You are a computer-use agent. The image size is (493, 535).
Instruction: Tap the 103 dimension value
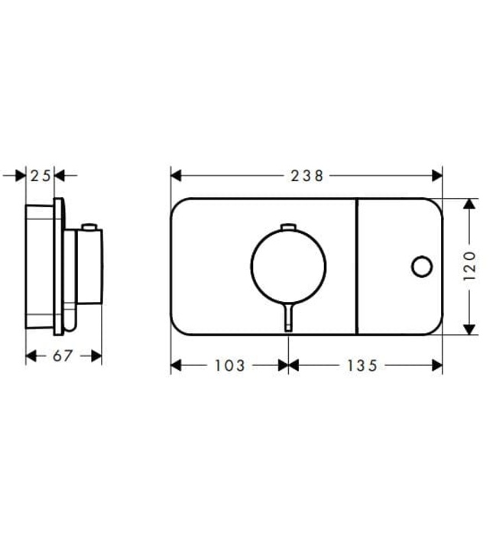(229, 366)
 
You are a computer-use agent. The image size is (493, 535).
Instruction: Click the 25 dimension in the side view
(41, 176)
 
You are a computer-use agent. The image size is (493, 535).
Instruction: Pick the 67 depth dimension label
(63, 356)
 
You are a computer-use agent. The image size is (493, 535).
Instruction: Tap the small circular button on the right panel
(420, 267)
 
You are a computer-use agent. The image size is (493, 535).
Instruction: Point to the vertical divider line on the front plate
(356, 267)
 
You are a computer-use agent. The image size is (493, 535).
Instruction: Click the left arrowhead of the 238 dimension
(175, 176)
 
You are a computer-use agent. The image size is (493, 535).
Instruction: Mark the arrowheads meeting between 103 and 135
(288, 366)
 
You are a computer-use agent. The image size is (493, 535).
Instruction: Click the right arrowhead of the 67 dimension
(96, 356)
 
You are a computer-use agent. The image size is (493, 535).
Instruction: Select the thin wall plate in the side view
(58, 267)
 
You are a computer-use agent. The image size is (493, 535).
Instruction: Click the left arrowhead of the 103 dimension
(175, 366)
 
